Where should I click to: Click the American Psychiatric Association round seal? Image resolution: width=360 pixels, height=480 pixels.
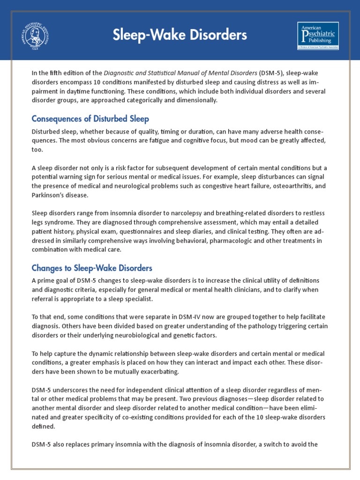pyautogui.click(x=35, y=36)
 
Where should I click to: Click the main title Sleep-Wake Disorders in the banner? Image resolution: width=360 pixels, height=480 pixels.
pyautogui.click(x=180, y=35)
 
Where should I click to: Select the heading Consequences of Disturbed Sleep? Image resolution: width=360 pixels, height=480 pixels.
pyautogui.click(x=90, y=119)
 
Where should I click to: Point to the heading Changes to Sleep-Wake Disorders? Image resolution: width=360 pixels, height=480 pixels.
pyautogui.click(x=92, y=268)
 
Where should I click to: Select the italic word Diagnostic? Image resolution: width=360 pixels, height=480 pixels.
pyautogui.click(x=120, y=73)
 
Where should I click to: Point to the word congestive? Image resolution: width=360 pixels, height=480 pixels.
pyautogui.click(x=218, y=186)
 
